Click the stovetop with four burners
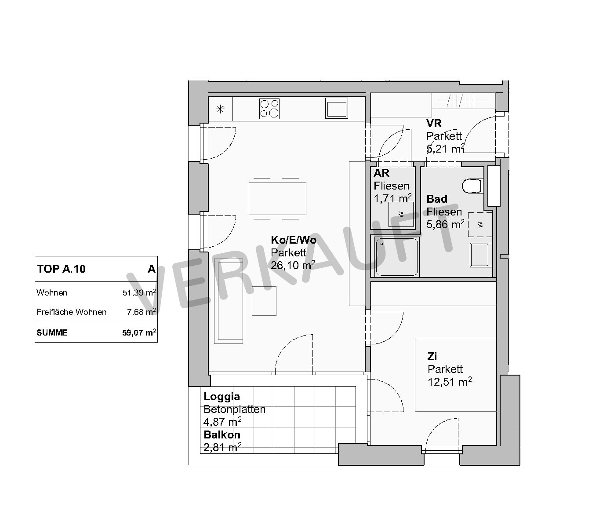(x=269, y=109)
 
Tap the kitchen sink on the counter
(x=336, y=108)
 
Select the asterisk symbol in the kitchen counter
(x=220, y=110)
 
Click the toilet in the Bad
(x=471, y=186)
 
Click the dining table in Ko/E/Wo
(x=277, y=199)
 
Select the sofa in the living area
(x=229, y=301)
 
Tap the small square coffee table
(x=264, y=301)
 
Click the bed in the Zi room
(x=456, y=375)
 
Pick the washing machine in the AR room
(x=401, y=214)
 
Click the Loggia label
(x=222, y=397)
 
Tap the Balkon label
(x=222, y=435)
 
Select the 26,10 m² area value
(x=293, y=265)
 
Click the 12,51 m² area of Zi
(x=450, y=382)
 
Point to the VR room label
(x=434, y=124)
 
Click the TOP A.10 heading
(x=62, y=269)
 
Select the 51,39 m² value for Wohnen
(x=139, y=292)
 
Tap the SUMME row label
(x=52, y=332)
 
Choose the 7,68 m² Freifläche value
(x=142, y=312)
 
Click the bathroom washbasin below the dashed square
(x=479, y=255)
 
